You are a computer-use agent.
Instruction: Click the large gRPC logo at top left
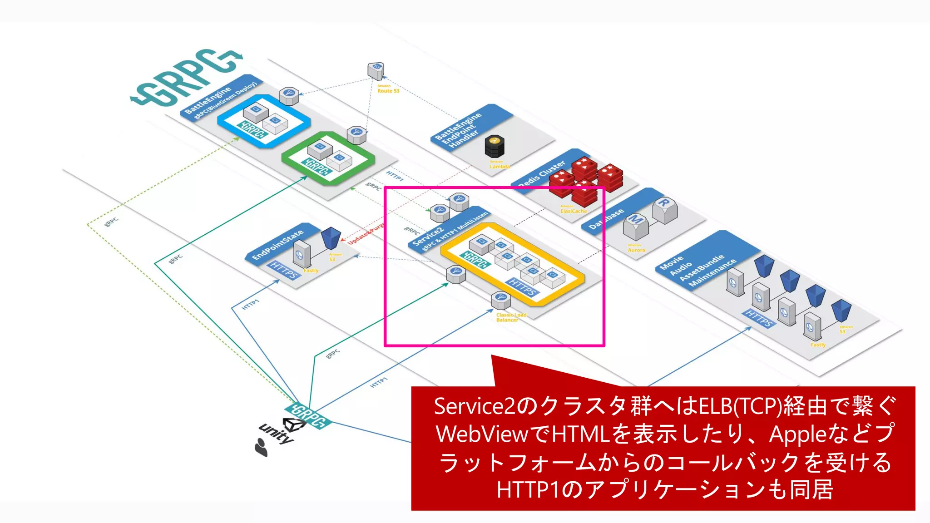[x=186, y=77]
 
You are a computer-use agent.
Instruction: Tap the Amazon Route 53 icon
[x=376, y=71]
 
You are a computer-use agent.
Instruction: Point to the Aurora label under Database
[x=636, y=250]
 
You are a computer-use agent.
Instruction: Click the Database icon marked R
[x=665, y=209]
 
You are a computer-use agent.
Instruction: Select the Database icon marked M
[x=635, y=226]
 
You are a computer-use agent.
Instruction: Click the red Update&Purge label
[x=366, y=233]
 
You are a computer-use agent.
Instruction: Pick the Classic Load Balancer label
[x=511, y=317]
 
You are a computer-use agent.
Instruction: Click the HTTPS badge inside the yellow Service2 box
[x=522, y=288]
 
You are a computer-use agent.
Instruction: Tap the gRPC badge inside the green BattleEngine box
[x=317, y=167]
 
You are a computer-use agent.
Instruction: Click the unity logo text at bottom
[x=276, y=434]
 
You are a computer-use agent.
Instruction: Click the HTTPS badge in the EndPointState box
[x=284, y=270]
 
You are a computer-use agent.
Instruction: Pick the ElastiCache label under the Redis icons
[x=574, y=211]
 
